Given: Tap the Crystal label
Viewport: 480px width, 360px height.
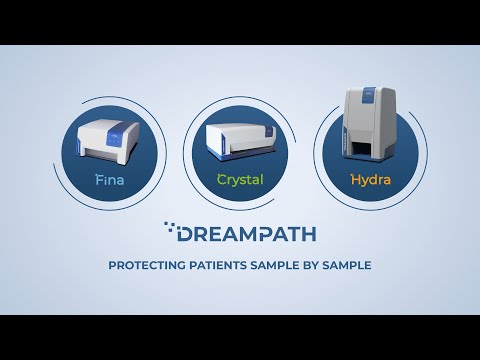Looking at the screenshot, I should [x=240, y=182].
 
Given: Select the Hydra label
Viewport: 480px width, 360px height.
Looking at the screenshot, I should [x=372, y=182].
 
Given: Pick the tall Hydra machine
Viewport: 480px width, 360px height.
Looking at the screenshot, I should [x=371, y=125].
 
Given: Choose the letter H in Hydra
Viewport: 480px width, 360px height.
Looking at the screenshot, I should [x=354, y=182].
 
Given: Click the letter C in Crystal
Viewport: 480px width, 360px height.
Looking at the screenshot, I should [x=222, y=182].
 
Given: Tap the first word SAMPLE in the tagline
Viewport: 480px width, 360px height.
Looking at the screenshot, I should [x=279, y=266].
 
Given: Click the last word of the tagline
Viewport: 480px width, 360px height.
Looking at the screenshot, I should [x=353, y=266].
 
